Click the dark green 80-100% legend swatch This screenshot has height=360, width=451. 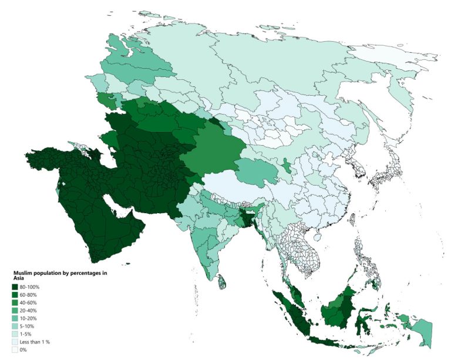(15, 287)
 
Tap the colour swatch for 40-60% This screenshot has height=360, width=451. (15, 302)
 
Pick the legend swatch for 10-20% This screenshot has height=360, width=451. (15, 318)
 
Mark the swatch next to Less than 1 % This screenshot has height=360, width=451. (15, 342)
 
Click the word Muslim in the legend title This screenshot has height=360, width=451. (24, 273)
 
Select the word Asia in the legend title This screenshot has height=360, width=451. (18, 279)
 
